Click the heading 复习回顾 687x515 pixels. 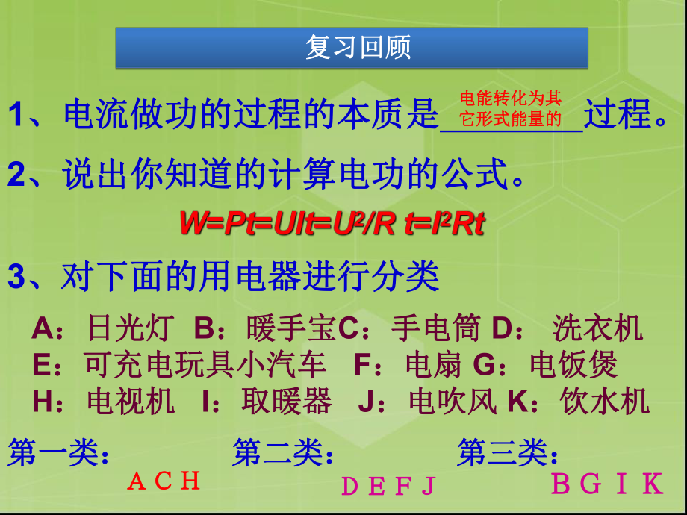pos(358,49)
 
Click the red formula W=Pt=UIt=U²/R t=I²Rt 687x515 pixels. pos(332,223)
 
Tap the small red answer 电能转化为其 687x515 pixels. pos(510,99)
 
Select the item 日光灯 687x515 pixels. pos(131,328)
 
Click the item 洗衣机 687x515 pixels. pos(597,328)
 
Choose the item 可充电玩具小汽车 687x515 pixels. pos(205,365)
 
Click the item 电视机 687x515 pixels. pos(131,402)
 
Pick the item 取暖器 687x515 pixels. pos(286,402)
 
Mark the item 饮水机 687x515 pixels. pos(605,402)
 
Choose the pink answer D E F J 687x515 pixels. pos(388,487)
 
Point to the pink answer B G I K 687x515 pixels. pos(606,484)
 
